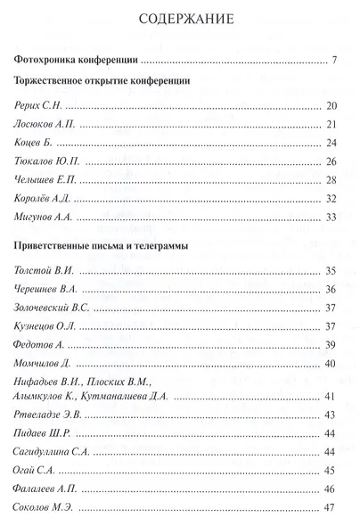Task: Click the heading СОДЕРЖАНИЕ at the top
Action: (x=179, y=18)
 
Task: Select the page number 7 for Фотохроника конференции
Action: (x=331, y=61)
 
